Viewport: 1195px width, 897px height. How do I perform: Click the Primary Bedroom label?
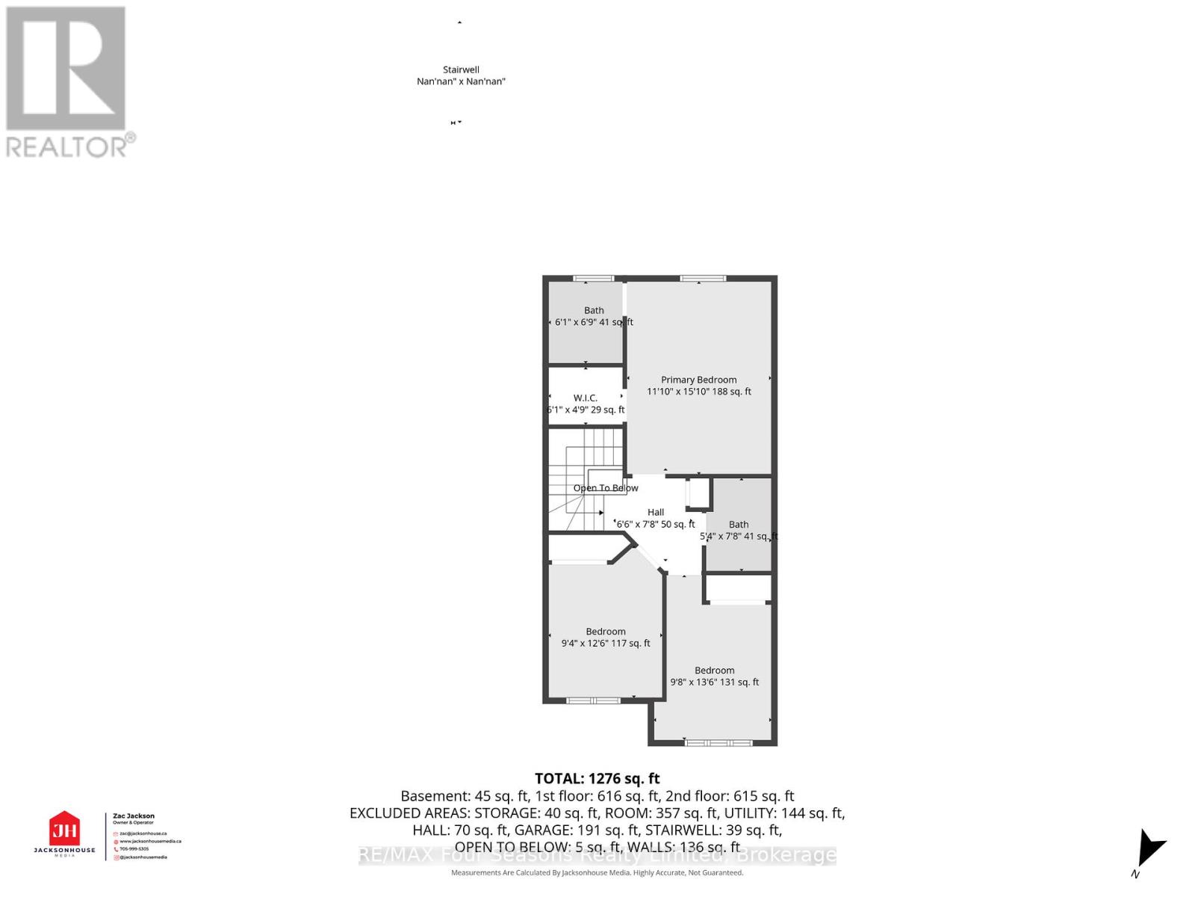pyautogui.click(x=698, y=380)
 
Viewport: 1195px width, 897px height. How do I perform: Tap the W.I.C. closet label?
pyautogui.click(x=585, y=398)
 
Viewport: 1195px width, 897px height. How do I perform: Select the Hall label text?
pyautogui.click(x=656, y=512)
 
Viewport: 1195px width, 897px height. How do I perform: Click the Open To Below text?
pyautogui.click(x=606, y=488)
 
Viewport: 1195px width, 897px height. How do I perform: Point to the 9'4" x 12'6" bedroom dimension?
pyautogui.click(x=606, y=643)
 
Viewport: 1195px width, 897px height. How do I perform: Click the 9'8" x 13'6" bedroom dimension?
pyautogui.click(x=715, y=682)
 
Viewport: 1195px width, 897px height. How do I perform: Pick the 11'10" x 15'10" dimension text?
pyautogui.click(x=699, y=391)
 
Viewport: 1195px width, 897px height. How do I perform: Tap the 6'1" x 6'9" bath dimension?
pyautogui.click(x=594, y=322)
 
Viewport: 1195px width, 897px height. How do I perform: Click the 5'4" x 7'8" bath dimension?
pyautogui.click(x=739, y=536)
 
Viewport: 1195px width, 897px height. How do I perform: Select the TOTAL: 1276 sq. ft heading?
pyautogui.click(x=597, y=779)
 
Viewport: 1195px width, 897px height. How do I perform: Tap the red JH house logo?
pyautogui.click(x=64, y=829)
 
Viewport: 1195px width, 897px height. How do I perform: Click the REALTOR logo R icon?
pyautogui.click(x=66, y=69)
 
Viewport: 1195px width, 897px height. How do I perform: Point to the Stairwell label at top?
pyautogui.click(x=461, y=70)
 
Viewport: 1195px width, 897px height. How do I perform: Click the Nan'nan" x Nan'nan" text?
pyautogui.click(x=461, y=81)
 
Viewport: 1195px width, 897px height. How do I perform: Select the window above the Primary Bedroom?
pyautogui.click(x=703, y=279)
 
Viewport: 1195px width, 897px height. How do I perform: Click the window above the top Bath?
pyautogui.click(x=593, y=279)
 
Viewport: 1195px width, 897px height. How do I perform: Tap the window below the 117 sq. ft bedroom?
pyautogui.click(x=593, y=700)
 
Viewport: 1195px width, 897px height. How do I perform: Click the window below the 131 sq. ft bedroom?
pyautogui.click(x=718, y=742)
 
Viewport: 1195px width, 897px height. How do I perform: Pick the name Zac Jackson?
pyautogui.click(x=134, y=816)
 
